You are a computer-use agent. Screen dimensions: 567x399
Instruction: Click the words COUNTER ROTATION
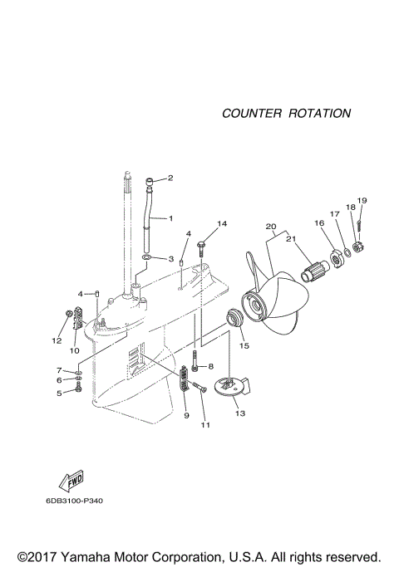286,113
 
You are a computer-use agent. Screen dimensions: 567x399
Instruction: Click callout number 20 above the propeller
269,227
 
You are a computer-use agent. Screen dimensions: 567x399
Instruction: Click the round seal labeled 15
235,318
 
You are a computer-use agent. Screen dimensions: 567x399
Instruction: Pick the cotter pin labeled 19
359,222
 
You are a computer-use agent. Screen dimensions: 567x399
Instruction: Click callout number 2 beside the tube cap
170,178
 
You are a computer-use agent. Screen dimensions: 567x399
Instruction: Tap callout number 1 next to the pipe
170,218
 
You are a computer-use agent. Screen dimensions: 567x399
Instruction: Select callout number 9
186,414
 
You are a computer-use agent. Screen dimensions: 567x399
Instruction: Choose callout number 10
74,350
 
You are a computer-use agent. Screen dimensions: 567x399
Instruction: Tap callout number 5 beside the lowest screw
59,393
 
